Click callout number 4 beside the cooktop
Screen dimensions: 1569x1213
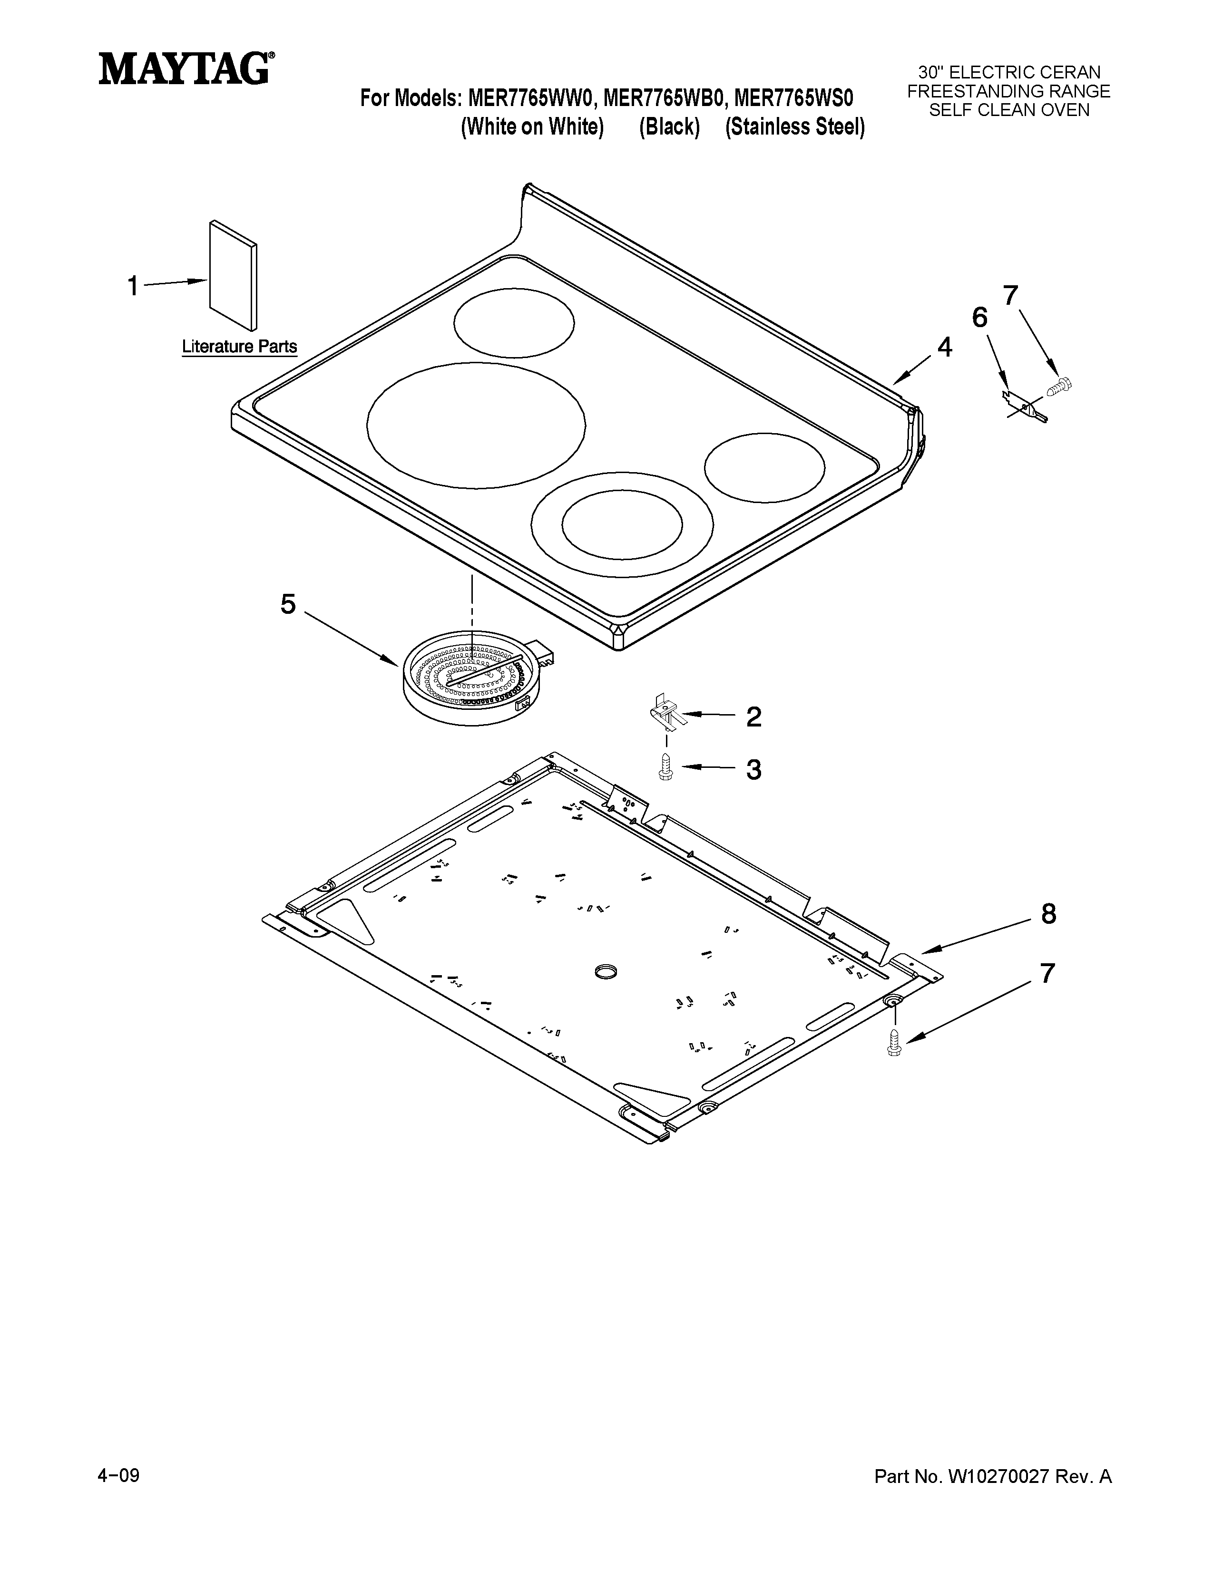944,348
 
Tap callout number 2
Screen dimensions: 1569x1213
753,717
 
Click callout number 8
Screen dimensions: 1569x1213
1048,914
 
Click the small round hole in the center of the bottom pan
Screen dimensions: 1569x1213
606,973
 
